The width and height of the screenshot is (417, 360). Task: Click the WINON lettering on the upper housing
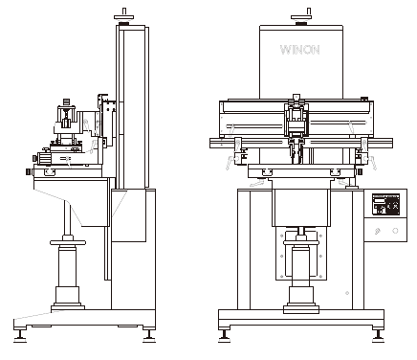coord(299,50)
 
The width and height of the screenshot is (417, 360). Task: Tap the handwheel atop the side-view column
coord(123,17)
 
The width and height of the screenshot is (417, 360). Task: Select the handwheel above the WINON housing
coord(301,17)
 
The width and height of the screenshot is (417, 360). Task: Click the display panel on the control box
coord(386,204)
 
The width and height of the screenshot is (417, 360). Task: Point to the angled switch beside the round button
coord(378,231)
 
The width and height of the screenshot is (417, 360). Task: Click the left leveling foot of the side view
coord(20,336)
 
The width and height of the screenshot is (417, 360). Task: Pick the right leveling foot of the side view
coord(149,336)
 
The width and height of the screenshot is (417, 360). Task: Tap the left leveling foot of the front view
coord(225,336)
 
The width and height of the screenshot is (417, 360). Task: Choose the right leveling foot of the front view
coord(378,336)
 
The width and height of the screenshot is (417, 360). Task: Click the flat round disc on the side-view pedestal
coord(68,243)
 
